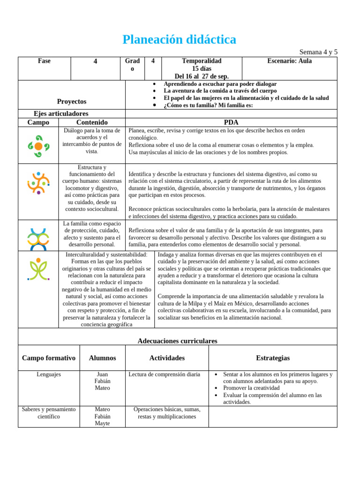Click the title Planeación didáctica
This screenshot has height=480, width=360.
coord(180,40)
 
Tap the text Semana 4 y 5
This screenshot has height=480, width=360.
coord(318,52)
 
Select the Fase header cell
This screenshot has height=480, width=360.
coord(44,61)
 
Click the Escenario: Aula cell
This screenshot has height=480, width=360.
coord(289,61)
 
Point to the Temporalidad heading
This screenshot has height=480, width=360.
coord(202,61)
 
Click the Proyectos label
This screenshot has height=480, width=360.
coord(72,101)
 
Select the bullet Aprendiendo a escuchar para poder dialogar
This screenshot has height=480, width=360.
coord(220,84)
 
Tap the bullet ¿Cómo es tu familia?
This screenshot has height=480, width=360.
coord(208,105)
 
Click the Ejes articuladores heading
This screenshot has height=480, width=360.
coord(61,113)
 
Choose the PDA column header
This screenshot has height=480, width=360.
coord(231,122)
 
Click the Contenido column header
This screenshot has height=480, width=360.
coord(92,122)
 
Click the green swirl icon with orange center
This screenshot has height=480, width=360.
coord(38,146)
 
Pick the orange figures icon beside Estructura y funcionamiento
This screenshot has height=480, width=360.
coord(38,183)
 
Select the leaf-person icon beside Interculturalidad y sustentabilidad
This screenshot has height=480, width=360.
coord(38,269)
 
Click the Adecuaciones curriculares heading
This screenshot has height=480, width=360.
coord(178,341)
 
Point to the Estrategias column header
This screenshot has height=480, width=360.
coord(273,358)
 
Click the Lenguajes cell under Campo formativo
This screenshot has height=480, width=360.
coord(49,375)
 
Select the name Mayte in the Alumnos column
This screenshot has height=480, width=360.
coord(102,423)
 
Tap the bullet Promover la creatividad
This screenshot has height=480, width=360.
coord(251,388)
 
